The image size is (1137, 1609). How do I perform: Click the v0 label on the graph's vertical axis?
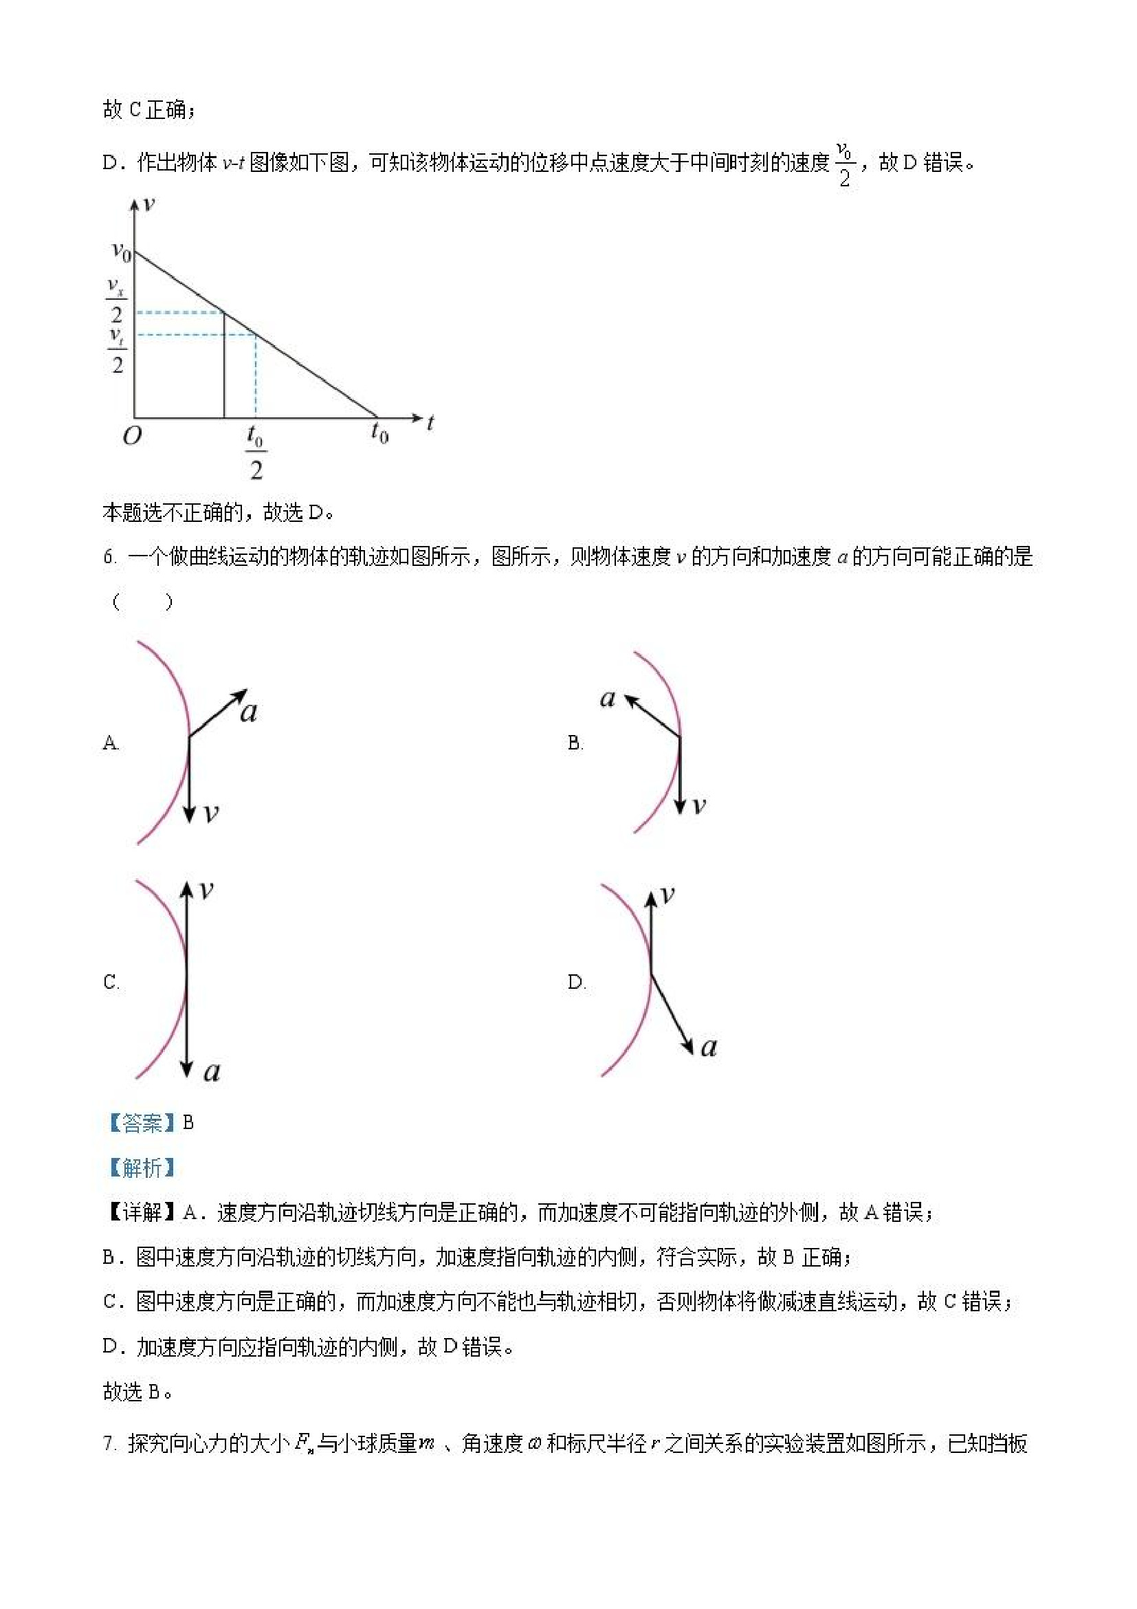[x=121, y=251]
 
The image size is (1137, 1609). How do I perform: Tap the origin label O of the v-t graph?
[x=132, y=436]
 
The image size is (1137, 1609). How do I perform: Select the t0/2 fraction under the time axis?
[x=255, y=452]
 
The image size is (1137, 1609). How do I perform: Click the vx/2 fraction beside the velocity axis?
[x=116, y=300]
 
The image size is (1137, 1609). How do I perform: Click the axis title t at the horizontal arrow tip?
[x=430, y=422]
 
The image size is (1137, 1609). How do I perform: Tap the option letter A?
[x=111, y=743]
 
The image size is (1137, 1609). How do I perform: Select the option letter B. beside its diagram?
[x=575, y=743]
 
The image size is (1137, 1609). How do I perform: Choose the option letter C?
[x=111, y=982]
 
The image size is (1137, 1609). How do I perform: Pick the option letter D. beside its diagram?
[x=577, y=982]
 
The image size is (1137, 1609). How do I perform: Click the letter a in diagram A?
[x=249, y=712]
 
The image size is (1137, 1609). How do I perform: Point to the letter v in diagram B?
[x=698, y=806]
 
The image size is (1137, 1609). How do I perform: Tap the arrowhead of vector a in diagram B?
[x=628, y=700]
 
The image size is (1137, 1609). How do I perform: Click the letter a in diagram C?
[x=212, y=1071]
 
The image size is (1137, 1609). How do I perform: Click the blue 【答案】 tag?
[x=142, y=1124]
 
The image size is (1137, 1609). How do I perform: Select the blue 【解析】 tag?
[x=142, y=1168]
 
